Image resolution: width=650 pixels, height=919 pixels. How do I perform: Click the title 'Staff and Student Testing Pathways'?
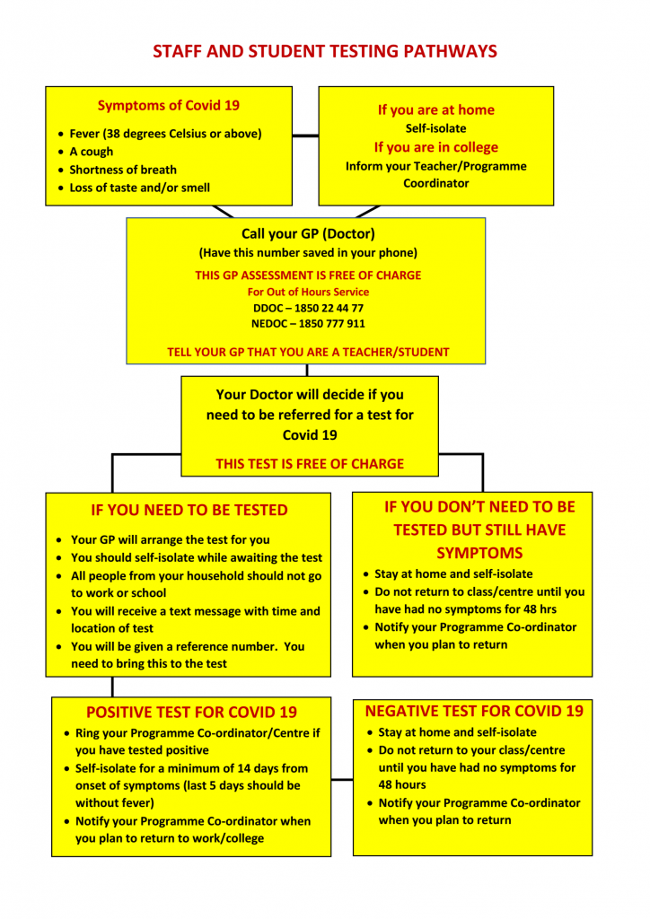tap(325, 51)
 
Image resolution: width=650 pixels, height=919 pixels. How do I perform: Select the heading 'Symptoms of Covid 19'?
tap(168, 106)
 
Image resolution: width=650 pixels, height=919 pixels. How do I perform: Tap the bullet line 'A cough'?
tap(91, 152)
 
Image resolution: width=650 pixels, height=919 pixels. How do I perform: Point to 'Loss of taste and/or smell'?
tap(139, 188)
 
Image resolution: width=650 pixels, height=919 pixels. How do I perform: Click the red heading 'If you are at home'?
tap(436, 110)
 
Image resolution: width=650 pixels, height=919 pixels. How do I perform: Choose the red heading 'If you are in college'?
tap(436, 147)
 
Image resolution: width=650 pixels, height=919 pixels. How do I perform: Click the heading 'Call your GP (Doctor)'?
tap(308, 234)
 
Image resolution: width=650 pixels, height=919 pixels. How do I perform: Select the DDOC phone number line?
tap(308, 308)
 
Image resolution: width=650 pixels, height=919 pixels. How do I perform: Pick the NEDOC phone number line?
tap(308, 323)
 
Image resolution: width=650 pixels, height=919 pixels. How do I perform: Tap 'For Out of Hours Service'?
tap(308, 292)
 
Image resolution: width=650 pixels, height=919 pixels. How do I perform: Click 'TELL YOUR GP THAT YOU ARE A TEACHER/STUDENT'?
tap(308, 352)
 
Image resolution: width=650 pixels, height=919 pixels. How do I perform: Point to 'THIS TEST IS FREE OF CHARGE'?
tap(310, 464)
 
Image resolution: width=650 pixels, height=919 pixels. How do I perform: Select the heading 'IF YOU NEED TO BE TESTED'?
tap(189, 510)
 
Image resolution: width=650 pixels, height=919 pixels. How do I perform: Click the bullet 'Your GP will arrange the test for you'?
tap(170, 539)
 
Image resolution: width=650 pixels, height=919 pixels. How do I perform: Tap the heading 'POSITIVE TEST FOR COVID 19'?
tap(191, 712)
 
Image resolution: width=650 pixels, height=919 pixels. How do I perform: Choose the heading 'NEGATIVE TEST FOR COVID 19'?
tap(474, 711)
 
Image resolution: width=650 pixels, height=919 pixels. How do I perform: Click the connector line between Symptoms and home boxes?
tap(305, 136)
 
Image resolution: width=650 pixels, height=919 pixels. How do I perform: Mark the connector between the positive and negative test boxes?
tap(342, 780)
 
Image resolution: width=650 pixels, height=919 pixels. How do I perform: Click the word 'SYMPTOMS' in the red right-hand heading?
tap(479, 553)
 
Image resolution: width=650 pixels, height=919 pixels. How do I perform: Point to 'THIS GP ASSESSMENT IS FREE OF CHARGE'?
tap(308, 276)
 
